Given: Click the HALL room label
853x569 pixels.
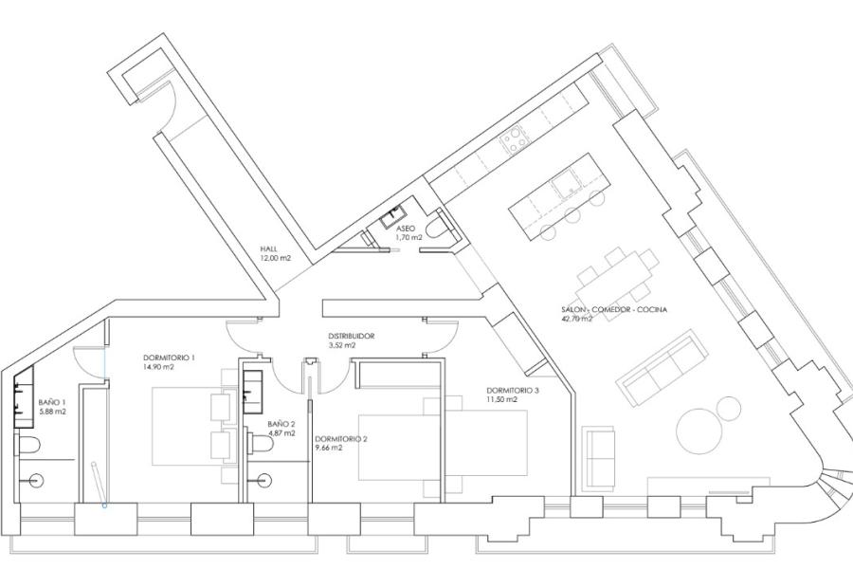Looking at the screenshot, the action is pyautogui.click(x=269, y=248).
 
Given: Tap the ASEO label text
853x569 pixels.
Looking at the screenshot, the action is pyautogui.click(x=406, y=229).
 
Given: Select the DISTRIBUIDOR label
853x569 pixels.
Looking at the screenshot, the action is pyautogui.click(x=352, y=336).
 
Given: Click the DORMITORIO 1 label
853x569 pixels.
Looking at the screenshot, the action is pyautogui.click(x=169, y=358).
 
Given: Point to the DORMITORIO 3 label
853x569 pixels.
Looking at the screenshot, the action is pyautogui.click(x=513, y=391).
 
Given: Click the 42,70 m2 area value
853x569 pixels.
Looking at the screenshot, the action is pyautogui.click(x=576, y=319).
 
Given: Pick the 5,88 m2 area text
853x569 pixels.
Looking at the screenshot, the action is pyautogui.click(x=52, y=412).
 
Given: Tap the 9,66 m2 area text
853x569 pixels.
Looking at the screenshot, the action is pyautogui.click(x=329, y=448).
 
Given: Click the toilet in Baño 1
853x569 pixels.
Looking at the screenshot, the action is pyautogui.click(x=29, y=446).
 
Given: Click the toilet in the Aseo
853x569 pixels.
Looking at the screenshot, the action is pyautogui.click(x=437, y=228).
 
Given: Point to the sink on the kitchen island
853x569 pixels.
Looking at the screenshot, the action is pyautogui.click(x=566, y=182).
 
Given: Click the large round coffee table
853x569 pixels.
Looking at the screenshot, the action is pyautogui.click(x=699, y=431).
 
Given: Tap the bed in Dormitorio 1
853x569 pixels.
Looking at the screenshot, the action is pyautogui.click(x=187, y=426).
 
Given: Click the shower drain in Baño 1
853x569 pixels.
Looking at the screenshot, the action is pyautogui.click(x=36, y=480).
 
